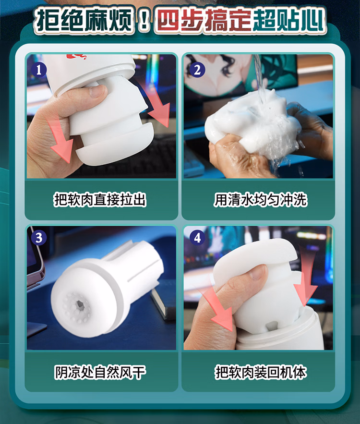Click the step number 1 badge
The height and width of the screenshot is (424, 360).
coord(39,70)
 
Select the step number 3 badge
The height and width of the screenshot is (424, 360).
coord(39,238)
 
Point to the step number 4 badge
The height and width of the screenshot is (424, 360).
coord(197,238)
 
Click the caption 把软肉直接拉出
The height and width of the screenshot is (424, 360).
coord(100,200)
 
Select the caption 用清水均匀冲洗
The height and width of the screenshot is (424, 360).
coord(260,200)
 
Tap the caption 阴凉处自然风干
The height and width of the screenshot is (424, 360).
coord(100,372)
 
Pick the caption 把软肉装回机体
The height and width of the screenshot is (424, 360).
coord(260,372)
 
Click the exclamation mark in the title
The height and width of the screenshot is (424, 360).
coord(144,21)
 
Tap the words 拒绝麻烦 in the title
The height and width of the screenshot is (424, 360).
coord(85,21)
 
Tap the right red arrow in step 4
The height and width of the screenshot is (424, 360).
coord(305,279)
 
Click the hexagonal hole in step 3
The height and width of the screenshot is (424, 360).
coord(80,304)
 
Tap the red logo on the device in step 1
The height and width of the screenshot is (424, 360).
coord(76,57)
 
